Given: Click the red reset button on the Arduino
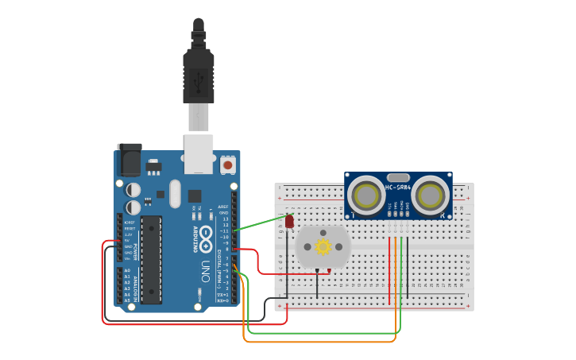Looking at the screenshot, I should tap(228, 165).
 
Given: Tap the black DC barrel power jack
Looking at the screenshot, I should tap(128, 161).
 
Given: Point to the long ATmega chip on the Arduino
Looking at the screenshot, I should tap(151, 259).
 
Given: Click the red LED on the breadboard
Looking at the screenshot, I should tap(289, 221).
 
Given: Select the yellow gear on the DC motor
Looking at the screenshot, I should tap(323, 246).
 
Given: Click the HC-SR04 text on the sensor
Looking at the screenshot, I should tap(398, 188).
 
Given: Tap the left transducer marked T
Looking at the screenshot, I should tap(366, 195).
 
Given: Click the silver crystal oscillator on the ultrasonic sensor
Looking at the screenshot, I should tap(398, 177).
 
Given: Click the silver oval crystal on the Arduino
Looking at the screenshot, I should tap(174, 193).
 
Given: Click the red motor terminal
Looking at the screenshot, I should tap(329, 271).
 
